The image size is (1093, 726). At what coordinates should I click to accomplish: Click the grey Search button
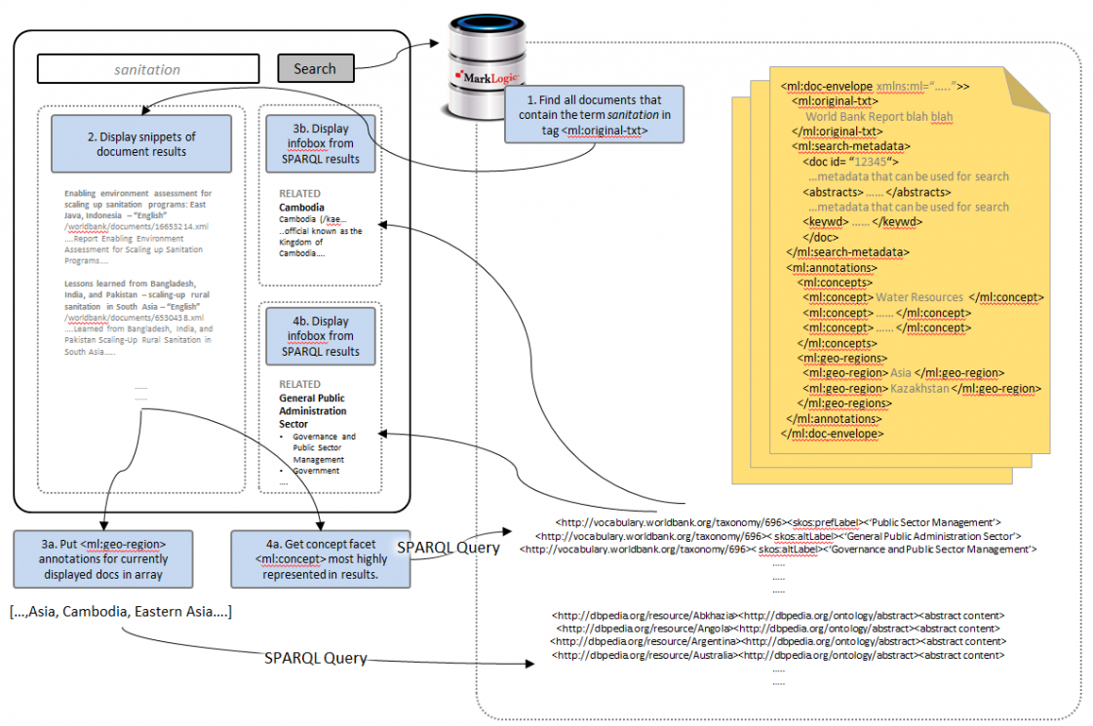[315, 68]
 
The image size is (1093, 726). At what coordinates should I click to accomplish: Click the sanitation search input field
[148, 69]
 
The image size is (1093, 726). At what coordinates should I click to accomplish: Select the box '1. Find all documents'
[594, 115]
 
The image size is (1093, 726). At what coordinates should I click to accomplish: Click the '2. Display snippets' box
[141, 143]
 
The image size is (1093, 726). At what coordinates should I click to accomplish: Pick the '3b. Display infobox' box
[321, 143]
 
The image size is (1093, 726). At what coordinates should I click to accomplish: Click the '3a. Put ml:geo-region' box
[103, 559]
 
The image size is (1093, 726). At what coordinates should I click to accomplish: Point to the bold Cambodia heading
[301, 208]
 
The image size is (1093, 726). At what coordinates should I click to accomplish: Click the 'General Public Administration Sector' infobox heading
[312, 410]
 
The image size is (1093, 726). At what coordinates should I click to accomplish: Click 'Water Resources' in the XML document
[919, 297]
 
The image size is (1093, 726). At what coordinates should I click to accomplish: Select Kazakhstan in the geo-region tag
[920, 388]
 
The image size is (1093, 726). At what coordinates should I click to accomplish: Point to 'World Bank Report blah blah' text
[878, 116]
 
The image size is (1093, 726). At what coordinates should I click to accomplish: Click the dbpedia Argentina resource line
[777, 642]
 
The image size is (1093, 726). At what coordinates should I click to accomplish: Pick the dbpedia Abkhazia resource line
[777, 615]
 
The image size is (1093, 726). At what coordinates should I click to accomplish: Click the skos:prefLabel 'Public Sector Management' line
[777, 522]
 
